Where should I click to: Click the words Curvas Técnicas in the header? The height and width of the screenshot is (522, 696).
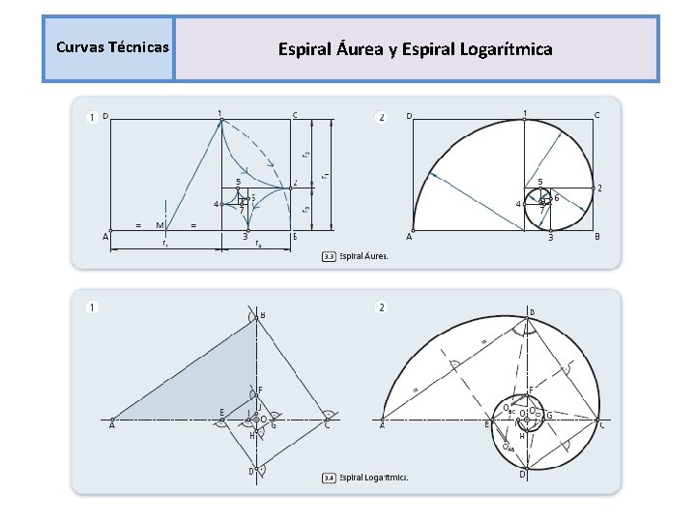click(x=112, y=47)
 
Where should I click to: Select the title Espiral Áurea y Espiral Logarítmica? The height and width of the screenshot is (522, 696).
click(x=416, y=48)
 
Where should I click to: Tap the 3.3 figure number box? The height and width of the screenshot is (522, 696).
click(x=329, y=256)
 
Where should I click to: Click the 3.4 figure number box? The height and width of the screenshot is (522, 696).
click(x=329, y=478)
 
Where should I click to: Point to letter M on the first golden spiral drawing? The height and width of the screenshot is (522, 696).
click(x=159, y=226)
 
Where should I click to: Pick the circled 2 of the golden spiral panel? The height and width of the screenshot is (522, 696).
click(x=381, y=117)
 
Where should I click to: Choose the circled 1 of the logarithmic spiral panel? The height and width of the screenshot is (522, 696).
click(x=92, y=308)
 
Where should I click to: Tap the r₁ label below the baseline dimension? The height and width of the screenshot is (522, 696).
click(x=166, y=245)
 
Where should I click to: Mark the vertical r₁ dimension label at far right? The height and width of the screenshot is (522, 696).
click(x=326, y=175)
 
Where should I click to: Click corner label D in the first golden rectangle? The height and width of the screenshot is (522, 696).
click(x=105, y=116)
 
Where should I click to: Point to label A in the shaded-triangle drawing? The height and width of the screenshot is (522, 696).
click(x=112, y=424)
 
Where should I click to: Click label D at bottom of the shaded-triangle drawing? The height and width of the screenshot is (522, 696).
click(x=250, y=471)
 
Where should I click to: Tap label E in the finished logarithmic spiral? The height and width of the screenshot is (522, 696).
click(x=486, y=423)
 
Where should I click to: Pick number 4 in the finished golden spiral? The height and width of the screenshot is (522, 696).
click(x=518, y=204)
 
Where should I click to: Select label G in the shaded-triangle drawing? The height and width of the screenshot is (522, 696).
click(x=274, y=424)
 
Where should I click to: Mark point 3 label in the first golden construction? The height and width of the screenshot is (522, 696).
click(x=245, y=237)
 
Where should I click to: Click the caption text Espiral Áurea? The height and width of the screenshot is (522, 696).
click(x=363, y=256)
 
